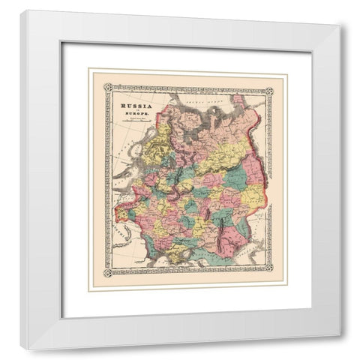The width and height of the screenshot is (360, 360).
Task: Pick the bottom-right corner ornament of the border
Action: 271,271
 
